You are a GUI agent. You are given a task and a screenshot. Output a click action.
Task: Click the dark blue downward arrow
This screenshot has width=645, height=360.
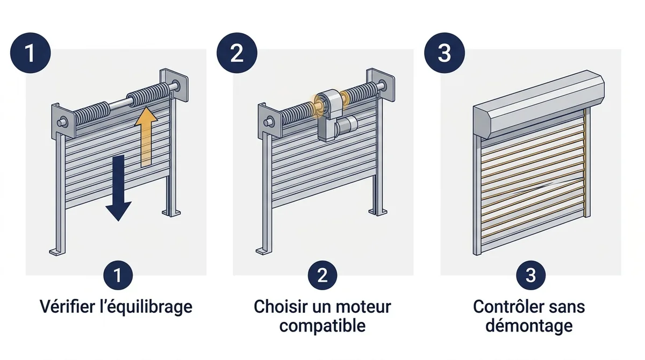[x=118, y=187]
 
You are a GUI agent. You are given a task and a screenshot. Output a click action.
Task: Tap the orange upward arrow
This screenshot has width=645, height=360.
[x=146, y=136]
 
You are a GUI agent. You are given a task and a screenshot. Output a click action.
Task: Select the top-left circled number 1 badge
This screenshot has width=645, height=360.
[x=30, y=53]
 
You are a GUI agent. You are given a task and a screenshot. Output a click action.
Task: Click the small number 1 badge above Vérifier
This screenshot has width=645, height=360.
[x=118, y=275]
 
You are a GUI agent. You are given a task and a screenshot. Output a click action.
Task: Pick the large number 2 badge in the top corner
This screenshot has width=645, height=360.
[x=237, y=53]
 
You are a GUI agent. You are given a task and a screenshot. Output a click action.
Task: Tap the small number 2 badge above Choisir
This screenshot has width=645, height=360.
[x=322, y=275]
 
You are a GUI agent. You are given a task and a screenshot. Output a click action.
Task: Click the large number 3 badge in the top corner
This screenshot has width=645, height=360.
[x=445, y=53]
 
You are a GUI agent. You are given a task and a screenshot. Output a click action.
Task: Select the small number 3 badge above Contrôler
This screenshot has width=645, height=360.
[x=531, y=275]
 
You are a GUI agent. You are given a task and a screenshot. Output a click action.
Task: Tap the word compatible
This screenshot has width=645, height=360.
[x=322, y=326]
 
